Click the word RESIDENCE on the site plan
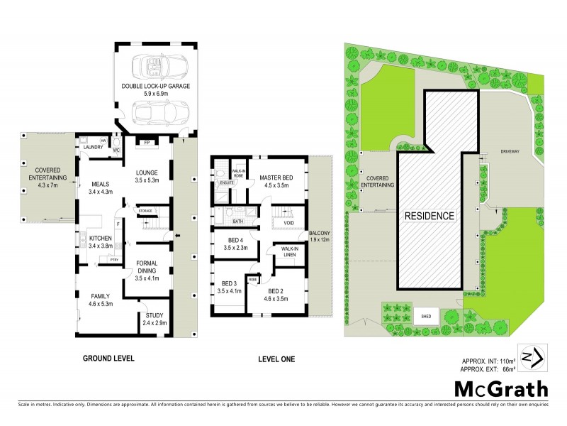coord(430,215)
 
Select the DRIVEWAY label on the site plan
coord(510,151)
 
